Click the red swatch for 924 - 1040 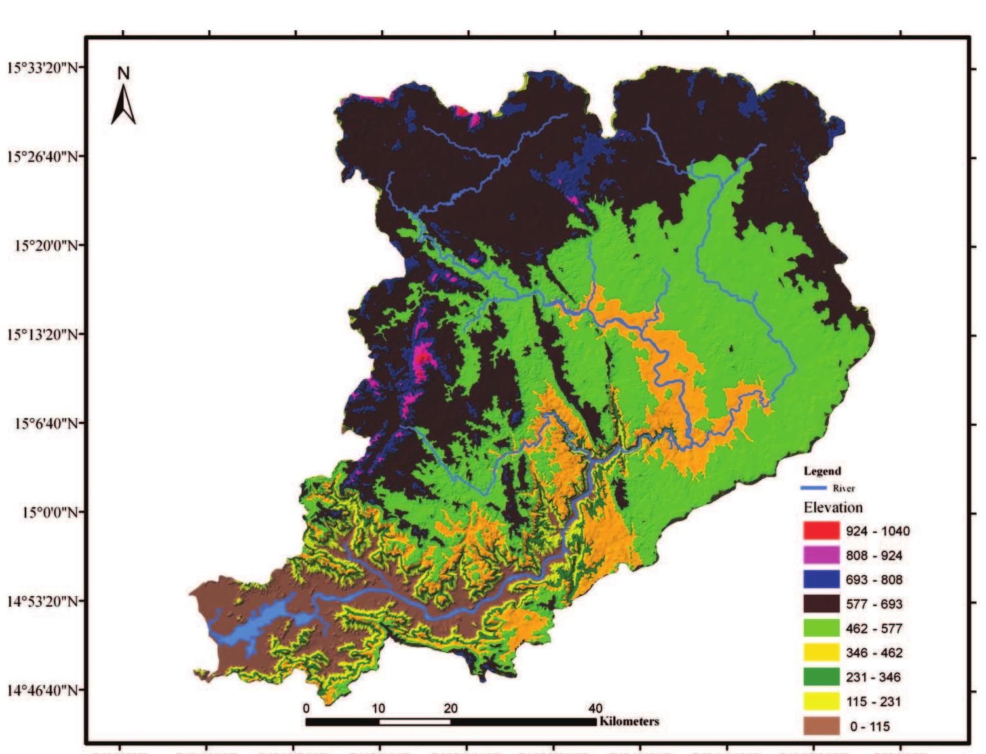(821, 531)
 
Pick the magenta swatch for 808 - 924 (821, 555)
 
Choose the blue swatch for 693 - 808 (821, 579)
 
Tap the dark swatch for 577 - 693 (821, 603)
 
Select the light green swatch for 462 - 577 (821, 628)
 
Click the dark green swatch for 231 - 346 (821, 677)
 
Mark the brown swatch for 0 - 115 (821, 726)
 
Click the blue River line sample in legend (814, 488)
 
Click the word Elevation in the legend (833, 508)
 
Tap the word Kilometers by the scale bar (628, 721)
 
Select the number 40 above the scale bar (595, 708)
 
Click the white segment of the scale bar (414, 722)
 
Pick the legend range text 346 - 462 (874, 653)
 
